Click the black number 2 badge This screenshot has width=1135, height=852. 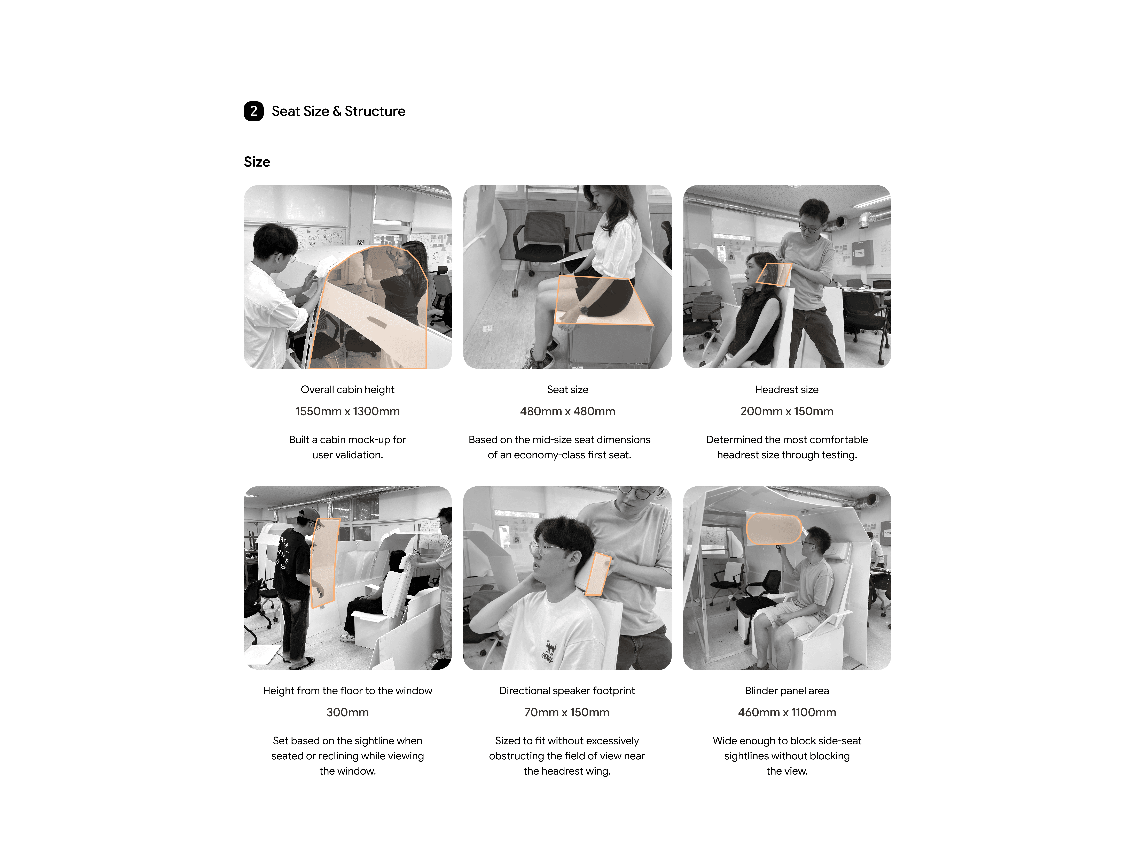253,111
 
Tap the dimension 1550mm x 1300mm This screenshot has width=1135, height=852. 347,411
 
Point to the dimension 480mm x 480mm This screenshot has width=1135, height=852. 567,411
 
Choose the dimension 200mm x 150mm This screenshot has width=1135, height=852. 787,411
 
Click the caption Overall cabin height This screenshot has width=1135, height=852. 347,390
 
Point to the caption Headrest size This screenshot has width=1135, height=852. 787,390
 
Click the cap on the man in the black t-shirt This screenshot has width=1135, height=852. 309,512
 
